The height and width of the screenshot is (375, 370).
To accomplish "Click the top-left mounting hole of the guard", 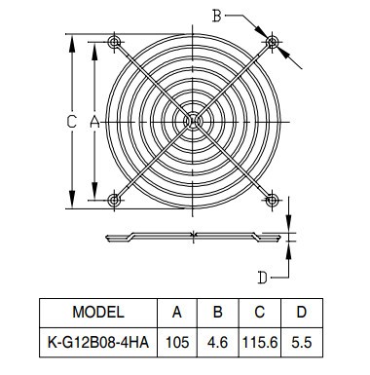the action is pos(114,42).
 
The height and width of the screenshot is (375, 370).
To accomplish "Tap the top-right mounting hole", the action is pos(272,42).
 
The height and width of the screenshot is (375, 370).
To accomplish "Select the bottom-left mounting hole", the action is pos(114,200).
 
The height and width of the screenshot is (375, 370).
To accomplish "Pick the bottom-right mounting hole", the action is pos(272,200).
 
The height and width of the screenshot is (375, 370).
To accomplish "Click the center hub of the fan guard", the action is pos(193,122).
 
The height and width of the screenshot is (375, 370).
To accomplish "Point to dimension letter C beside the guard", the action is pos(71,122).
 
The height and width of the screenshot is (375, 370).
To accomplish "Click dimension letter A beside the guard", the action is pos(94,122).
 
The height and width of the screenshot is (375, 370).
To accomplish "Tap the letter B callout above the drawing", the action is pos(216,16).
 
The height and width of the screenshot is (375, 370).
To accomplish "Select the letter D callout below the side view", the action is pos(262,278).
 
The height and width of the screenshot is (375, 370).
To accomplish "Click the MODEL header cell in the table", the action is pos(98,312).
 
